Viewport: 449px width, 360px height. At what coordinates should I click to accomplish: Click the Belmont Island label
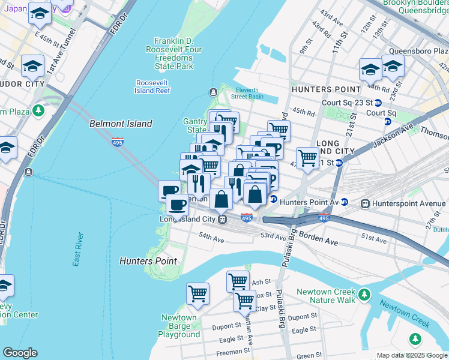point(121,124)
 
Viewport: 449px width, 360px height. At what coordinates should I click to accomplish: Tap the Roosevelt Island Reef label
point(153,86)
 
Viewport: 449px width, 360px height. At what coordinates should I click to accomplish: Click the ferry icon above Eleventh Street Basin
point(213,92)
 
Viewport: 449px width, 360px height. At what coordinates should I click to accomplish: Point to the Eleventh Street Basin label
point(247,93)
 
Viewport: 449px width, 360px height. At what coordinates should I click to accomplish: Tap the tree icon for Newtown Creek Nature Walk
point(364,295)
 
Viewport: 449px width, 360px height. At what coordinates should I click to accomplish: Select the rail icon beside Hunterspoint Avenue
point(364,203)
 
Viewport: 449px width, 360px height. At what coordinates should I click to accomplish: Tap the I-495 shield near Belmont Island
point(118,142)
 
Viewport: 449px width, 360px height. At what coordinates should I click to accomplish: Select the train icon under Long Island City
point(222,219)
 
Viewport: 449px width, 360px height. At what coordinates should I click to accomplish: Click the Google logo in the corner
point(20,353)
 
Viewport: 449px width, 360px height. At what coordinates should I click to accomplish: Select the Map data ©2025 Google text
point(412,355)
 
